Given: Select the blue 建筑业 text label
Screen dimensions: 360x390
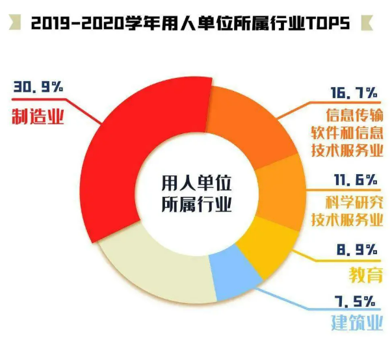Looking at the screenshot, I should click(x=356, y=322).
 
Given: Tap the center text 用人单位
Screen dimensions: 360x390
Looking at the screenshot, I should click(x=195, y=179).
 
